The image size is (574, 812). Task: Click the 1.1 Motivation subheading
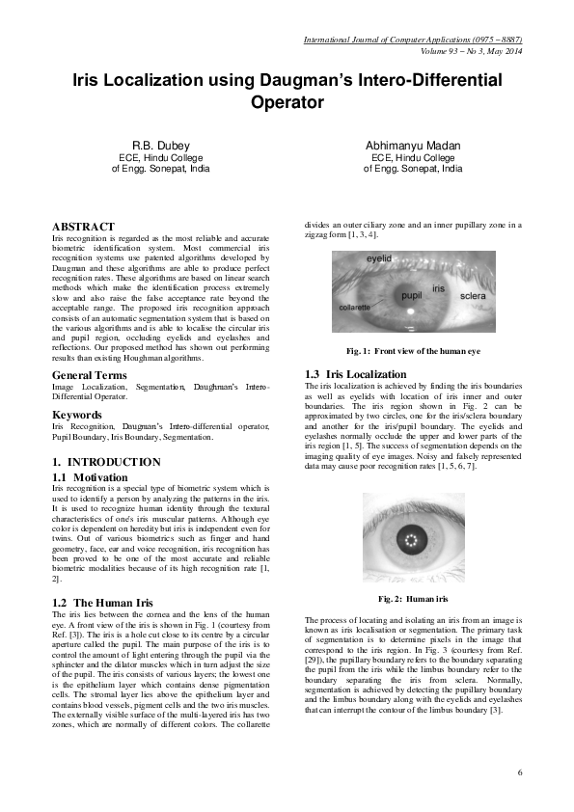click(93, 476)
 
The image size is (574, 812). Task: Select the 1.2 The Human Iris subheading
click(102, 601)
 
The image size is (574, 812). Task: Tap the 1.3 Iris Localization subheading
click(355, 374)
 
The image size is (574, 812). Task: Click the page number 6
click(519, 771)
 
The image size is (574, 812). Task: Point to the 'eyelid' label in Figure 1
click(379, 259)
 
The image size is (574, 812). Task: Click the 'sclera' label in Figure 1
click(473, 293)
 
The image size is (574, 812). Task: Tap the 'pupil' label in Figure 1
click(411, 296)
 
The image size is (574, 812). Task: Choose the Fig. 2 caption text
click(414, 599)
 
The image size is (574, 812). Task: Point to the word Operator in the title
click(287, 100)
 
